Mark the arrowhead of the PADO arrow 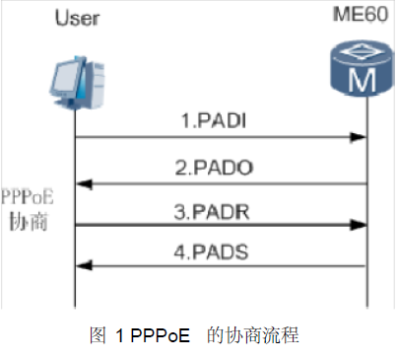click(83, 182)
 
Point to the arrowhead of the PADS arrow click(83, 265)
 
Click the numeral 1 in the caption click(118, 334)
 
